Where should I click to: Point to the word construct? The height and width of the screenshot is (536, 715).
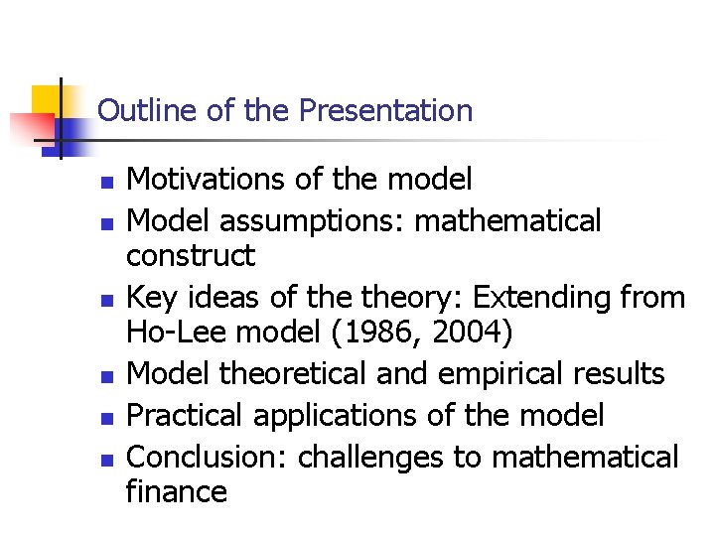(x=190, y=256)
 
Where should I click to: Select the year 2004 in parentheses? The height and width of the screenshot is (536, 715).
(x=475, y=334)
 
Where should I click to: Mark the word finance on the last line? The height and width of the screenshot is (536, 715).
(x=176, y=492)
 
